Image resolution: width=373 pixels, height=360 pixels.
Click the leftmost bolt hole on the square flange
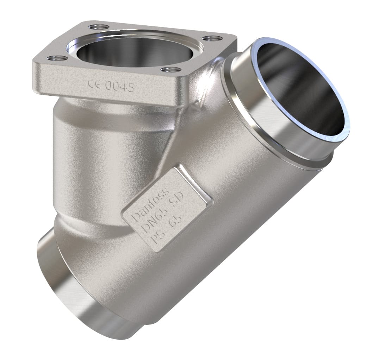[58, 58]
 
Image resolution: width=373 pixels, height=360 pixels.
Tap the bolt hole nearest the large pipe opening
[212, 38]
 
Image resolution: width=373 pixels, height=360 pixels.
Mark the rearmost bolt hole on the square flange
[96, 26]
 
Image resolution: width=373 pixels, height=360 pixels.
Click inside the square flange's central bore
[134, 53]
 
